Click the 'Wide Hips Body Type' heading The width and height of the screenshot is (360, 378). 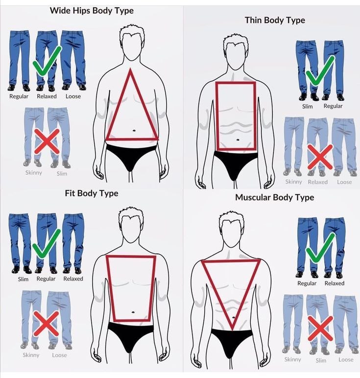(92, 11)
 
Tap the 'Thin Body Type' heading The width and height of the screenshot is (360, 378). (275, 20)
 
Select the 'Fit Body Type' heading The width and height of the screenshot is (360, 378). (92, 193)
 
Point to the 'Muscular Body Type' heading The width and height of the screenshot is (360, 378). (275, 198)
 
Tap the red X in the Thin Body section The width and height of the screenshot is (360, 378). (320, 157)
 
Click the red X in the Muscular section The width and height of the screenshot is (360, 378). (320, 329)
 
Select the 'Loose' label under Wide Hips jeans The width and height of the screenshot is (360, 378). (73, 96)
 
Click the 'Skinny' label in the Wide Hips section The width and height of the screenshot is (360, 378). (34, 173)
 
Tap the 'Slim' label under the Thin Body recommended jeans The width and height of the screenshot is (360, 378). (308, 106)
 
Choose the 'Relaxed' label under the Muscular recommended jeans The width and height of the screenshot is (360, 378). (335, 283)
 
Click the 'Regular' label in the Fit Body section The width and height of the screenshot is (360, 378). (46, 279)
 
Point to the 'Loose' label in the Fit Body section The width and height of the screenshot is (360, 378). (59, 355)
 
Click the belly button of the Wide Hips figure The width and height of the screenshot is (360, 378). (134, 131)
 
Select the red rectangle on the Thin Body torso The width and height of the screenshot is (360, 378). (216, 116)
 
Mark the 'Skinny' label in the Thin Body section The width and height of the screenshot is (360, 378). (293, 182)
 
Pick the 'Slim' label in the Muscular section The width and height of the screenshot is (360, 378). (321, 360)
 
